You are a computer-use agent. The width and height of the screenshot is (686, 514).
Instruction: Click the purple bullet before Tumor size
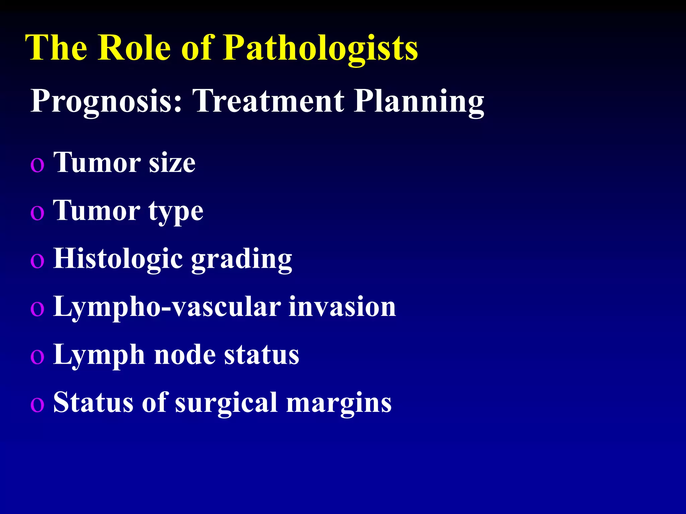click(37, 165)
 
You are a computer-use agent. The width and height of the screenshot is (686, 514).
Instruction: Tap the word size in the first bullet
click(172, 163)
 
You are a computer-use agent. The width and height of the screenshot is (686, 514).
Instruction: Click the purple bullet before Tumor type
click(37, 213)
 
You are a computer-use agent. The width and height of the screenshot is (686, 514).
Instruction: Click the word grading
click(242, 260)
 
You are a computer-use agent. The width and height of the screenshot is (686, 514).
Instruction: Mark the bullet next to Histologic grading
click(37, 261)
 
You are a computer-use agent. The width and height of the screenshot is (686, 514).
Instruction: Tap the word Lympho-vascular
click(167, 307)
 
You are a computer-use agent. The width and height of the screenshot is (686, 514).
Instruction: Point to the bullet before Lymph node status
click(37, 357)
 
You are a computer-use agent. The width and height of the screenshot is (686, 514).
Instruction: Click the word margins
click(339, 404)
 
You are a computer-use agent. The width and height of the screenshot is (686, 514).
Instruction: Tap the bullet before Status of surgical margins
click(37, 405)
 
